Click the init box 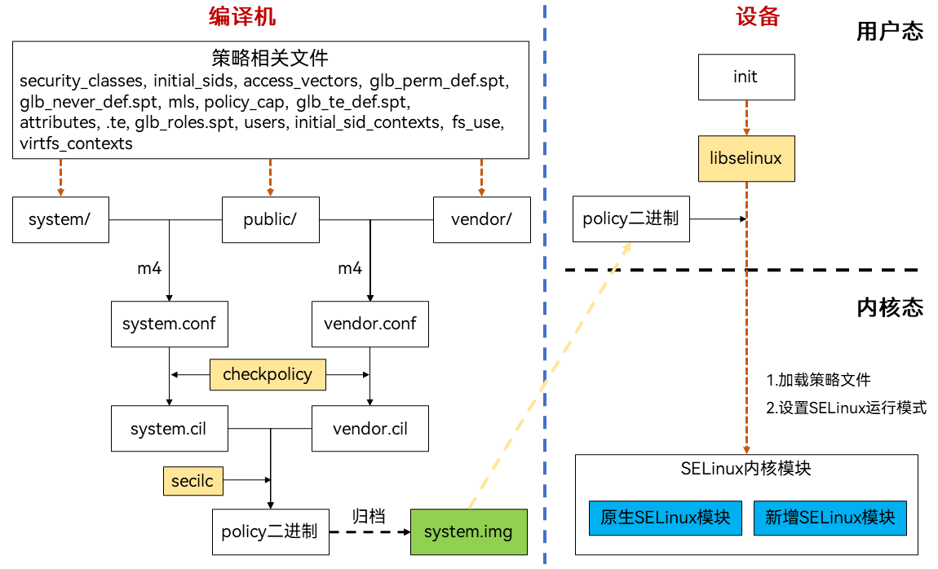point(746,77)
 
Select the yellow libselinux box point(746,158)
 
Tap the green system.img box point(468,532)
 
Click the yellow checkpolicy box point(268,375)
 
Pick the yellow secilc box point(192,482)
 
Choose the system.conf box point(169,324)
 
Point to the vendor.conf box point(370,324)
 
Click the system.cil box point(169,429)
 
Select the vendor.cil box point(370,429)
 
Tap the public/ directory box point(270,219)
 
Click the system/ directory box point(60,219)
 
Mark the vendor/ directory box point(480,219)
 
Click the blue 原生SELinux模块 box point(665,518)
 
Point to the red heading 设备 point(758,16)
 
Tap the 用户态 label point(890,32)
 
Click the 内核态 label point(890,307)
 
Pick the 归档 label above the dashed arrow point(369,516)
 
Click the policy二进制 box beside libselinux point(630,218)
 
